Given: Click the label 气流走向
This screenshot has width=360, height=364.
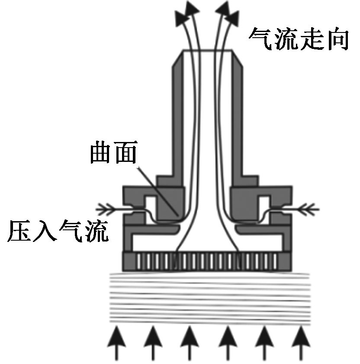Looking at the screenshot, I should point(298,40).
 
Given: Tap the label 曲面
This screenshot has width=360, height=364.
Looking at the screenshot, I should point(113,153).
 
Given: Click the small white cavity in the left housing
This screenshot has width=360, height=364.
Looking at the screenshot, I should point(151,203).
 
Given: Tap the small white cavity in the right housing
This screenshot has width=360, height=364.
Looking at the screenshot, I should point(264,203).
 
